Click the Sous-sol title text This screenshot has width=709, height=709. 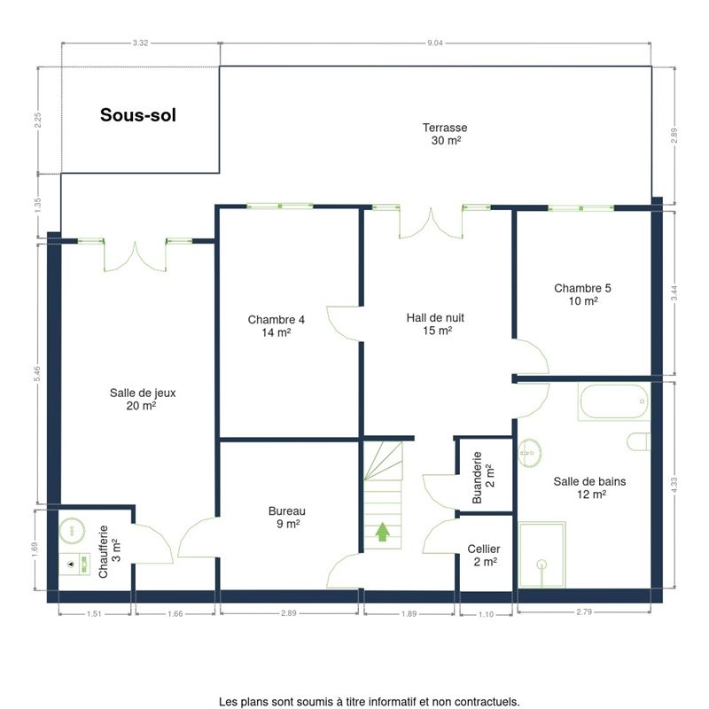(x=138, y=115)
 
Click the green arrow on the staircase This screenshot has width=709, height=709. (x=383, y=532)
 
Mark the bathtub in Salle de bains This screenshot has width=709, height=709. (x=613, y=401)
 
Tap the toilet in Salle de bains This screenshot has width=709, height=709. (x=638, y=441)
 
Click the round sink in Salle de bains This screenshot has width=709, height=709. (x=529, y=453)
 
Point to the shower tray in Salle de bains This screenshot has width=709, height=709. (x=541, y=555)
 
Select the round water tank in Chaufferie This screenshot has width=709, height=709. (x=72, y=530)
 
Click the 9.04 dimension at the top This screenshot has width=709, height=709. (x=435, y=43)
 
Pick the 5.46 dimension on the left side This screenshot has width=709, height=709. (x=37, y=373)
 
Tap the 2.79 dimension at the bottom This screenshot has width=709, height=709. (x=584, y=612)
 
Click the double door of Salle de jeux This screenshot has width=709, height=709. (x=135, y=256)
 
